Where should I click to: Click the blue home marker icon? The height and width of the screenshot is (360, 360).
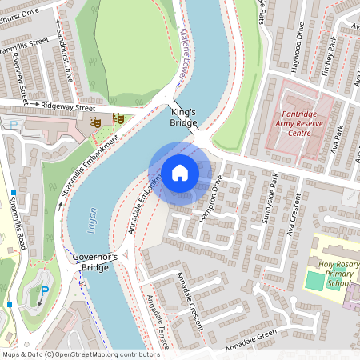coord(180,172)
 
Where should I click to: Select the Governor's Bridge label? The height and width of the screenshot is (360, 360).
coord(95,262)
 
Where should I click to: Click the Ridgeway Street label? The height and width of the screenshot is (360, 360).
coord(68,106)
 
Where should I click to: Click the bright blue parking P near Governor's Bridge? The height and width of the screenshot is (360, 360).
coord(45,291)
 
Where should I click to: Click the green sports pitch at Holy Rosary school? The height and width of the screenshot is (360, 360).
coord(315,281)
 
